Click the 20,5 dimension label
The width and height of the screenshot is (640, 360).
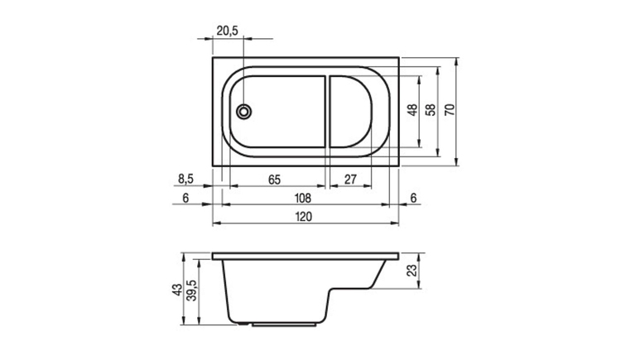click(228, 31)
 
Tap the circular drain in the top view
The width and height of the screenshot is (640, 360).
click(243, 112)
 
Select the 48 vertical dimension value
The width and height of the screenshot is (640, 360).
click(412, 110)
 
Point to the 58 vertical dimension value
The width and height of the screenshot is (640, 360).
click(431, 110)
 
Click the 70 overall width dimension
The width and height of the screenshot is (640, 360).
click(450, 110)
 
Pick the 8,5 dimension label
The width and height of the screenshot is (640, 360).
click(185, 179)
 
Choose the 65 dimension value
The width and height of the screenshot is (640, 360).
click(274, 180)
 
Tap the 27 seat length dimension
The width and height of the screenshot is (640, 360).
click(350, 180)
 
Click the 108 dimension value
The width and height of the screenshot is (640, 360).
click(303, 199)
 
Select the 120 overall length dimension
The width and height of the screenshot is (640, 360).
click(303, 217)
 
